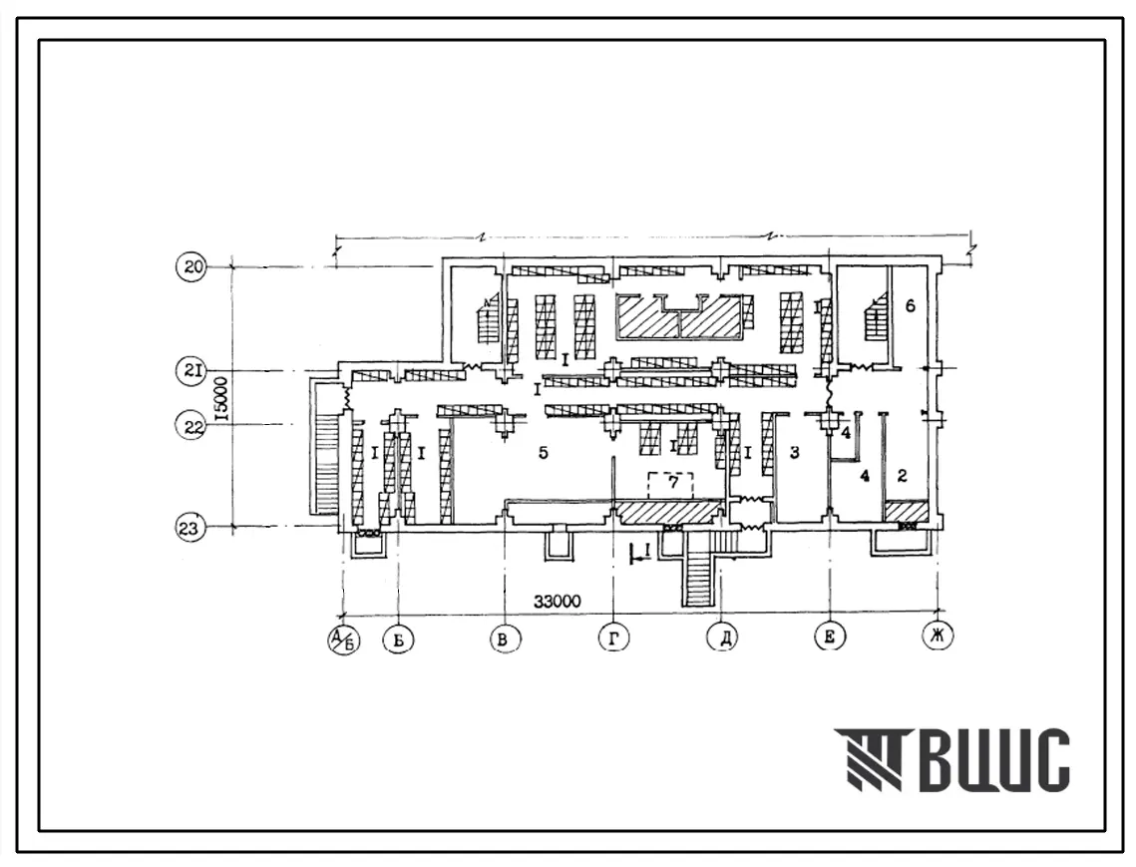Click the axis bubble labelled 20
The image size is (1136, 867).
[x=191, y=266]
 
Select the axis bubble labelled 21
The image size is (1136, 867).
[x=191, y=371]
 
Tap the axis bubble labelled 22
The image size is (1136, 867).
[x=191, y=426]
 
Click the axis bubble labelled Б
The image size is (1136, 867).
[x=398, y=640]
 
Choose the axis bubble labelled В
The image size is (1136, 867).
[x=505, y=640]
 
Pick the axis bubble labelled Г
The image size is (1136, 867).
[x=613, y=638]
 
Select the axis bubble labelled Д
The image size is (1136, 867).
[x=723, y=638]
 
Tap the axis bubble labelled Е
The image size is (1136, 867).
[x=830, y=636]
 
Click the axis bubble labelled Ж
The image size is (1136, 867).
[x=938, y=635]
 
